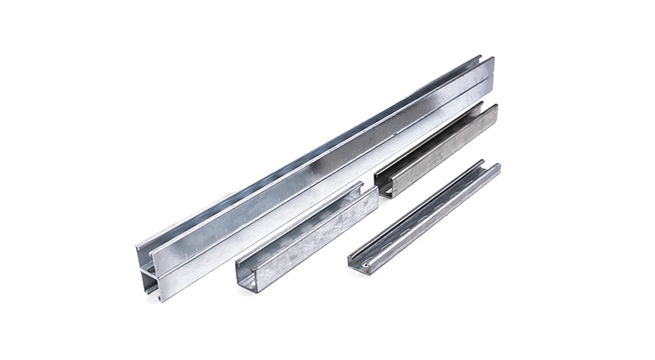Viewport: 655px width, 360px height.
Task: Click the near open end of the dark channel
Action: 386,184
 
